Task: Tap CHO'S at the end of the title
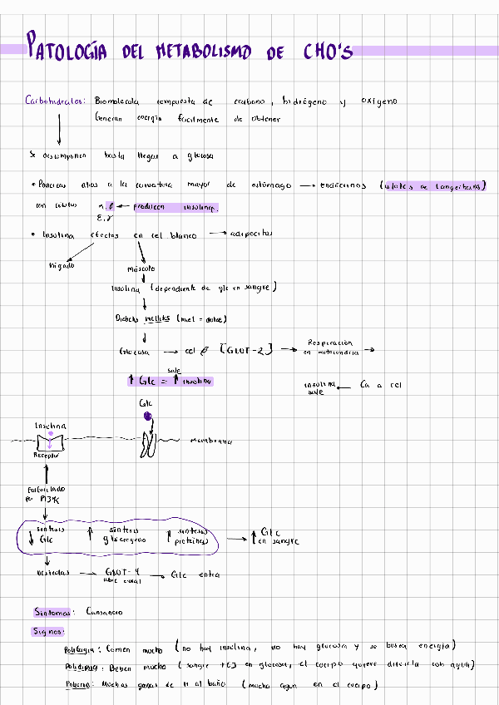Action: coord(323,52)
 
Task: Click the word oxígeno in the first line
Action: coord(378,101)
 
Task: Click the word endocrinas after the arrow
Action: coord(343,185)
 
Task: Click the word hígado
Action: coord(63,264)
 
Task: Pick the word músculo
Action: coord(141,269)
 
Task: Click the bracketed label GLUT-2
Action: coord(246,351)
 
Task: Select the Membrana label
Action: coord(210,441)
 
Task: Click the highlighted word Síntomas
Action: coord(52,613)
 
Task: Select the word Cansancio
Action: coord(104,613)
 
